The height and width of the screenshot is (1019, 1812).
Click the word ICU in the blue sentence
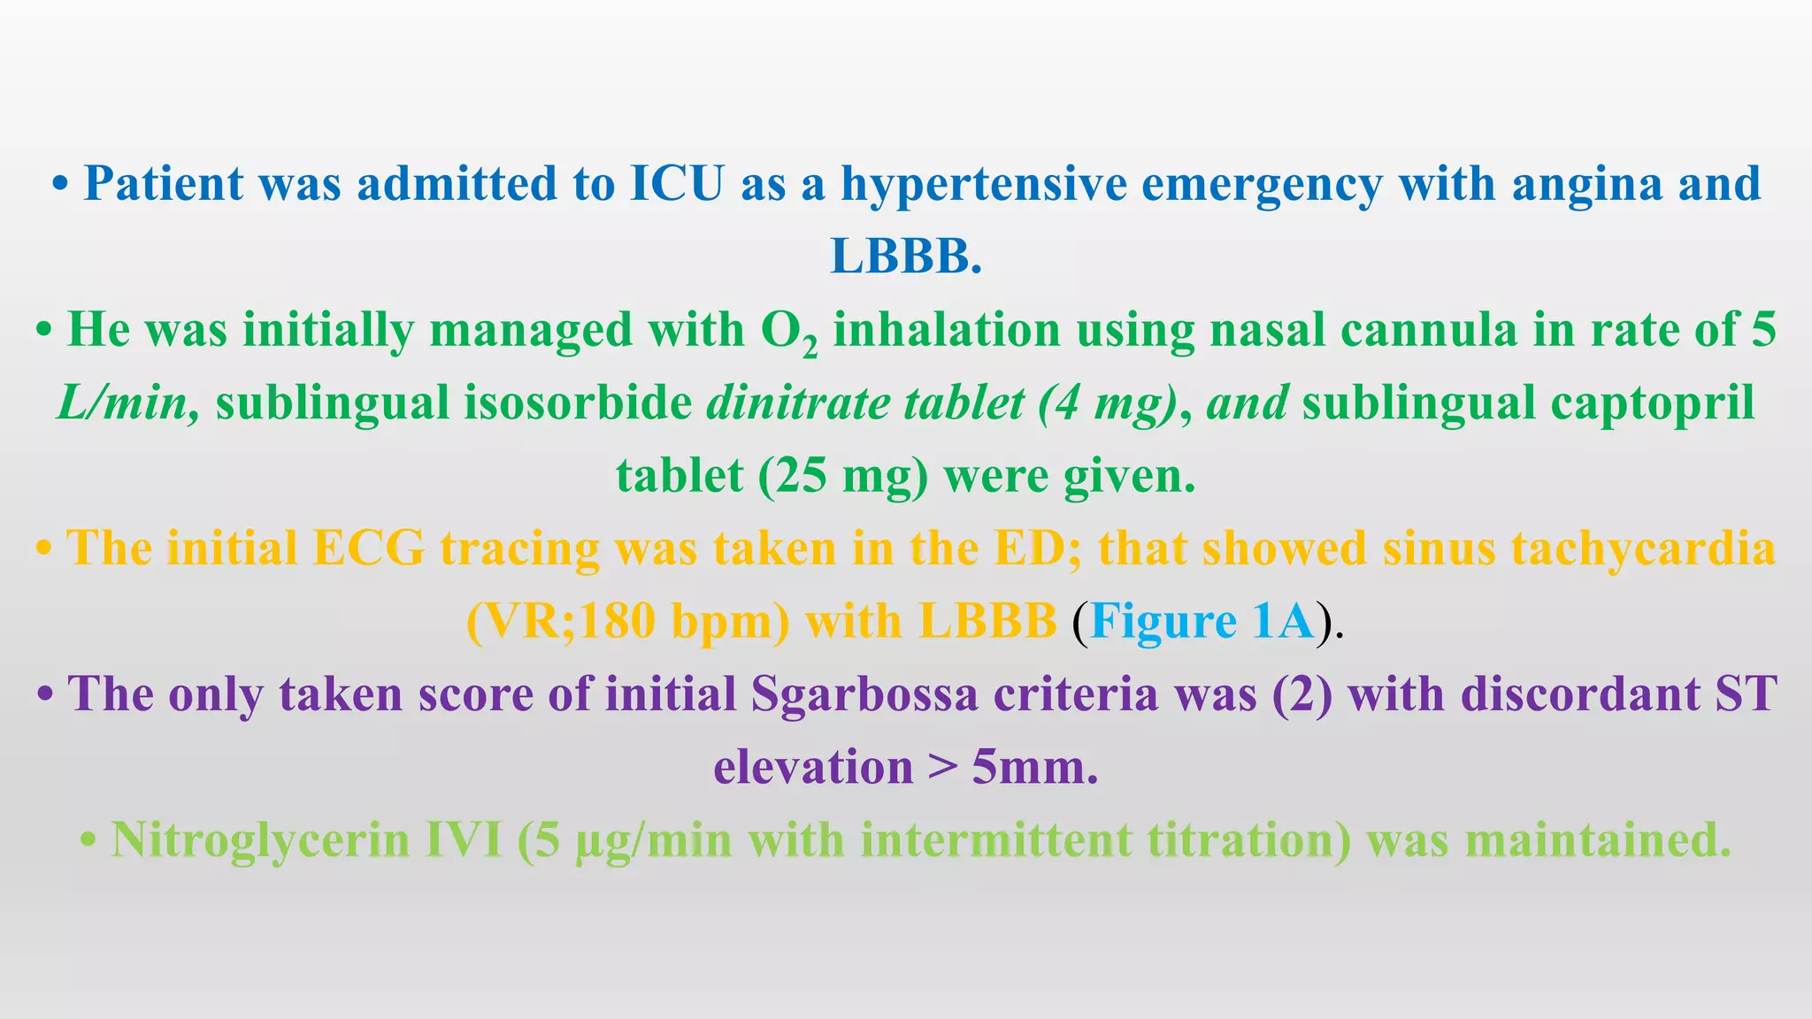click(677, 184)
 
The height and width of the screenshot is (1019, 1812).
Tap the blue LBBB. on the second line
click(906, 257)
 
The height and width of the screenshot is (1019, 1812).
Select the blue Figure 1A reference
click(1202, 622)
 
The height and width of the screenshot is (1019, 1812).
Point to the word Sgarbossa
click(864, 694)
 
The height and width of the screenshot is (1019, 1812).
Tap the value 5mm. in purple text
click(1034, 767)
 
